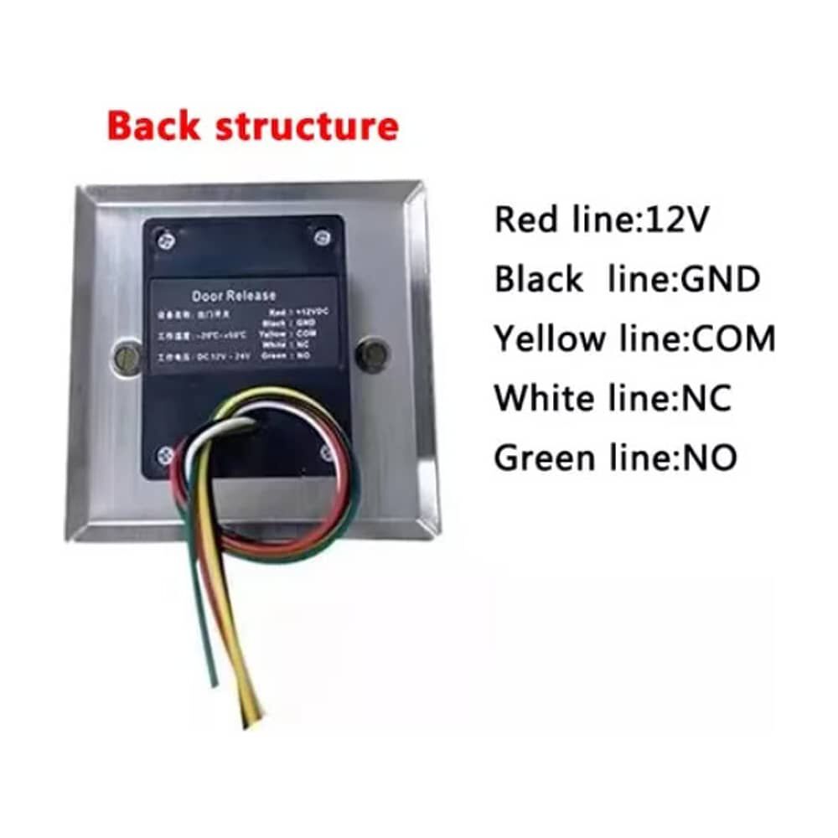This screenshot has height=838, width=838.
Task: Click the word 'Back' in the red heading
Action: coord(153,127)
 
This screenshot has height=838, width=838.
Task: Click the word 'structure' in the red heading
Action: coord(307,127)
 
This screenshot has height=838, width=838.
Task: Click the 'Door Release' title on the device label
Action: coord(234,295)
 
